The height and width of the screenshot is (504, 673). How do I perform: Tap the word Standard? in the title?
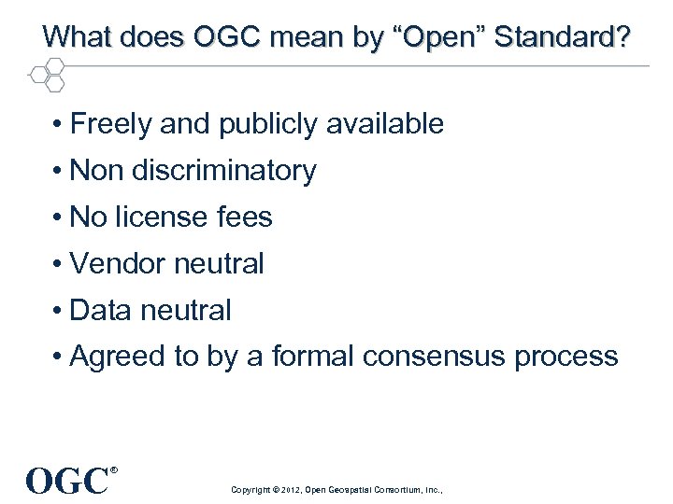562,38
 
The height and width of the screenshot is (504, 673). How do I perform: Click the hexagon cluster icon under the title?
47,74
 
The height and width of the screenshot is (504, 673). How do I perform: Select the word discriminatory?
224,171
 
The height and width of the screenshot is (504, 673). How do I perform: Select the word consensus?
439,357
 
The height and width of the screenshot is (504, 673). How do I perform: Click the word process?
568,357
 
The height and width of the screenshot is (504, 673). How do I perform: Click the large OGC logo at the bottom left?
67,482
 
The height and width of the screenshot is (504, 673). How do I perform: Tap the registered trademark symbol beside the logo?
114,469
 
